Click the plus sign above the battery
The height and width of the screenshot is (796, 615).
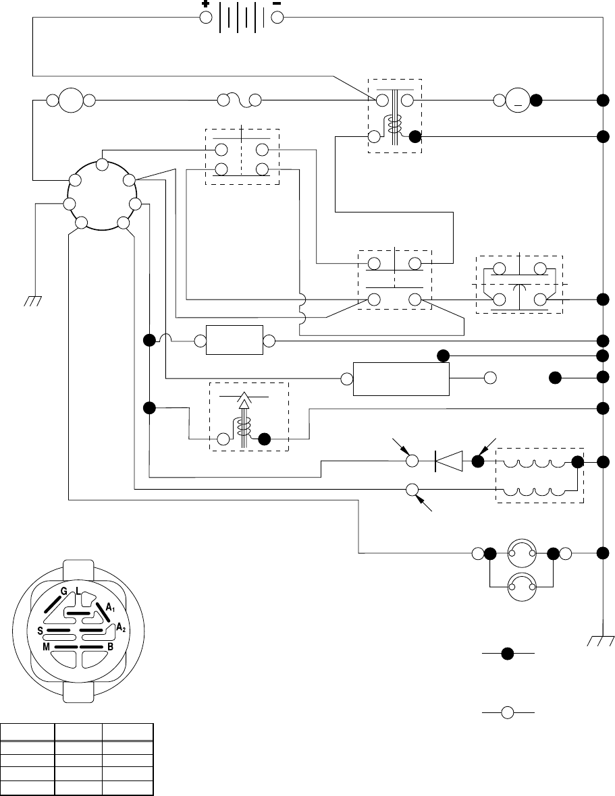tap(205, 3)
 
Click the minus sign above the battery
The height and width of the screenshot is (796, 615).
tap(277, 3)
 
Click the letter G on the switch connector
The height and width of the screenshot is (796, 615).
tap(64, 592)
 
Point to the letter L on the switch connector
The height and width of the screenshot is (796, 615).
tap(78, 592)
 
